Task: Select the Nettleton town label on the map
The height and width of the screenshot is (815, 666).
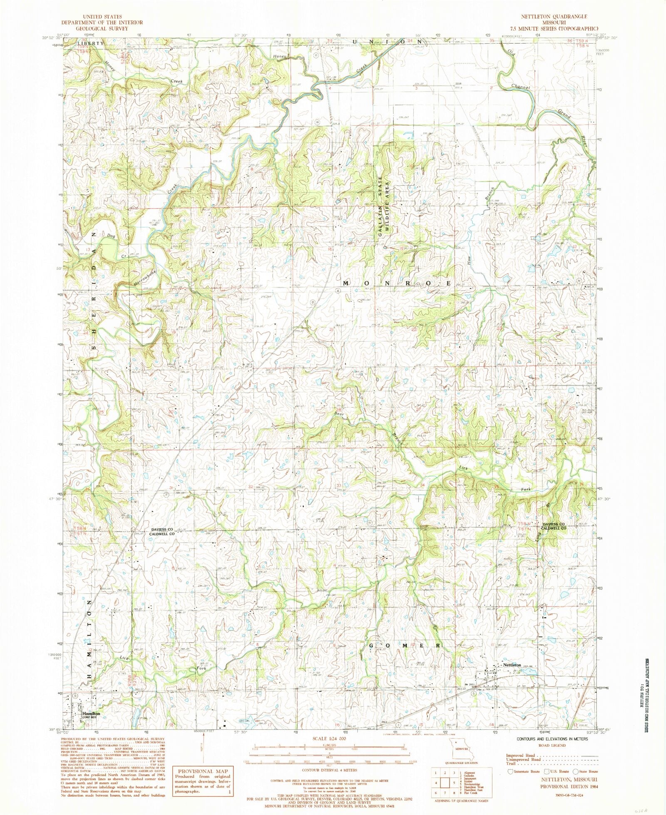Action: pos(512,676)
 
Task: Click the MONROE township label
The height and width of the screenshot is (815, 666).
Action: pos(397,283)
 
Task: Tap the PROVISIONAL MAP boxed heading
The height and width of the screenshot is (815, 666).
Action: pos(202,771)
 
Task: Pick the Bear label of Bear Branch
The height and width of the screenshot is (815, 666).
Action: pos(338,414)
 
